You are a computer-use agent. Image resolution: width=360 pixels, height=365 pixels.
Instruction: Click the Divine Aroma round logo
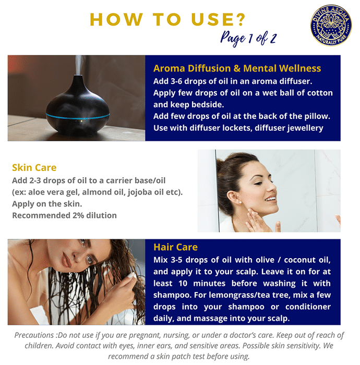pyautogui.click(x=331, y=25)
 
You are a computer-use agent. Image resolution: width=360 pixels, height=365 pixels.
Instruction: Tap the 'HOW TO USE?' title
pyautogui.click(x=167, y=19)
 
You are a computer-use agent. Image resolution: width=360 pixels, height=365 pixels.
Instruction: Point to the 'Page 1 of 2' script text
pyautogui.click(x=248, y=39)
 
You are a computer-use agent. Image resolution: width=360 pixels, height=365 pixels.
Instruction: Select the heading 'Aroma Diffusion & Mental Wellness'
pyautogui.click(x=237, y=68)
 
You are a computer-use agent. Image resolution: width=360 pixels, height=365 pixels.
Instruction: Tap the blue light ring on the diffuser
pyautogui.click(x=78, y=116)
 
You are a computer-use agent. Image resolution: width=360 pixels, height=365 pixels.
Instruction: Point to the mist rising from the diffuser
pyautogui.click(x=79, y=65)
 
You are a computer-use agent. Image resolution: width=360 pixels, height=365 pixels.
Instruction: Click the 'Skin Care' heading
pyautogui.click(x=34, y=167)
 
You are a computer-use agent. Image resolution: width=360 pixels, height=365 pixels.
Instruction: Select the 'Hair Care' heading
pyautogui.click(x=176, y=247)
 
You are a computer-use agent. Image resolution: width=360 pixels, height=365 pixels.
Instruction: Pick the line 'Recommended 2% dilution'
pyautogui.click(x=64, y=215)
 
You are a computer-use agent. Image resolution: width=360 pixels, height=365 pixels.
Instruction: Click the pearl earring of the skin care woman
pyautogui.click(x=241, y=202)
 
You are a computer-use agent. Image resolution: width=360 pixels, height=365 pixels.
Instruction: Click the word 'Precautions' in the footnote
pyautogui.click(x=34, y=335)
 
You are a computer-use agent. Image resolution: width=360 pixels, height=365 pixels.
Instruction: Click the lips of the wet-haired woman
pyautogui.click(x=67, y=260)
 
